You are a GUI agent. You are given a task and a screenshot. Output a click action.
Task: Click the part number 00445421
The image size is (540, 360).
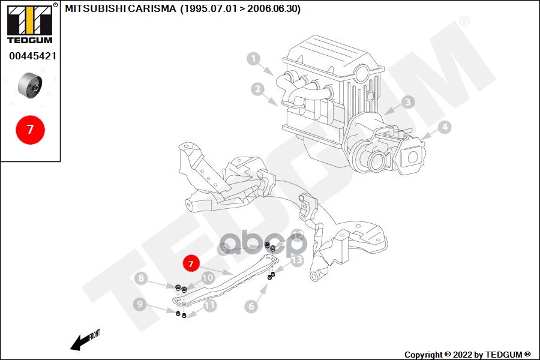(x=33, y=56)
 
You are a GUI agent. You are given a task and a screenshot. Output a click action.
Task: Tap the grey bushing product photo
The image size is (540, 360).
(x=30, y=85)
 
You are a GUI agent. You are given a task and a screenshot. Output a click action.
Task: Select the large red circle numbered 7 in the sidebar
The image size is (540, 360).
(x=31, y=130)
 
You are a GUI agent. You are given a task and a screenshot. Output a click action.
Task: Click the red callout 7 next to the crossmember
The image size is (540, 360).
(x=191, y=263)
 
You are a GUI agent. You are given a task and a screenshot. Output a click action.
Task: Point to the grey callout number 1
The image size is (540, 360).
(x=254, y=59)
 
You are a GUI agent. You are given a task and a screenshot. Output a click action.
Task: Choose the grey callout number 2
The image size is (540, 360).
(x=257, y=89)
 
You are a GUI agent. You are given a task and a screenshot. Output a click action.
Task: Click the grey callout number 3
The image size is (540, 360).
(x=408, y=102)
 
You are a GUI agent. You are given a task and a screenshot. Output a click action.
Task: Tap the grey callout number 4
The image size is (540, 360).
(x=445, y=127)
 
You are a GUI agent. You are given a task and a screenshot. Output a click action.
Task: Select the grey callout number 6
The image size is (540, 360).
(x=251, y=306)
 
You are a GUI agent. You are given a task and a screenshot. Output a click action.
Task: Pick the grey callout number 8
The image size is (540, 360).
(x=141, y=278)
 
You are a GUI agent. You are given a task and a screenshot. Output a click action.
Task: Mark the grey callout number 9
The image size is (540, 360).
(x=140, y=304)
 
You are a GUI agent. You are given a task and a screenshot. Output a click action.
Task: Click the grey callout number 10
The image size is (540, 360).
(x=208, y=278)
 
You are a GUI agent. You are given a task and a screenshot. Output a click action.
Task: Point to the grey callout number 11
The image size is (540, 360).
(x=210, y=305)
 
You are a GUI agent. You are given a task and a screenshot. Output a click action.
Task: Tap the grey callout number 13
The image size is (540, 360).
(x=297, y=260)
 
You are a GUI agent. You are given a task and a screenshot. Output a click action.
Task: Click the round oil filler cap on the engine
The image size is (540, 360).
(x=362, y=74)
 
